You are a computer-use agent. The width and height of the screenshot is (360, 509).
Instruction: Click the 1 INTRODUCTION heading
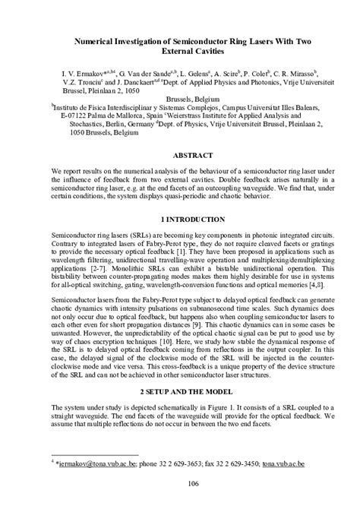[x=179, y=218]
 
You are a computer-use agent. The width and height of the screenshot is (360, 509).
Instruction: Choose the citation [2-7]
[x=91, y=270]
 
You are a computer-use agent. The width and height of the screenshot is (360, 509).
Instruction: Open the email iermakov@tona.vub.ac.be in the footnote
[x=90, y=461]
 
